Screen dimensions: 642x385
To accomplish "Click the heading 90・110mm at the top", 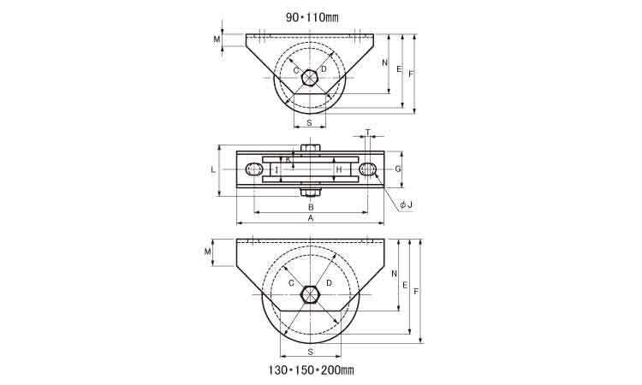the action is click(312, 17).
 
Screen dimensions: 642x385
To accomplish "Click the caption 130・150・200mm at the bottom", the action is click(312, 370).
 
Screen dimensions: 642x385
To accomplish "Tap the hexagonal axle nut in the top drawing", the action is click(310, 78).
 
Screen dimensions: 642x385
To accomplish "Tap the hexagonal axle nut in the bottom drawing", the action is click(310, 294).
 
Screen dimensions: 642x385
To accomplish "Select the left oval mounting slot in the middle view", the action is click(254, 169).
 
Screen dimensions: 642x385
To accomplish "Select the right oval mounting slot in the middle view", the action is click(368, 169).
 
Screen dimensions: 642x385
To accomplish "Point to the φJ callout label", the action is click(406, 204).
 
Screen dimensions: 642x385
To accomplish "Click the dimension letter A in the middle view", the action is click(311, 218).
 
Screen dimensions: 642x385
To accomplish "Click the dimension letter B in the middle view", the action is click(311, 207).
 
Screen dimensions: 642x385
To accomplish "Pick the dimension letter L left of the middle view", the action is click(213, 169).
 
